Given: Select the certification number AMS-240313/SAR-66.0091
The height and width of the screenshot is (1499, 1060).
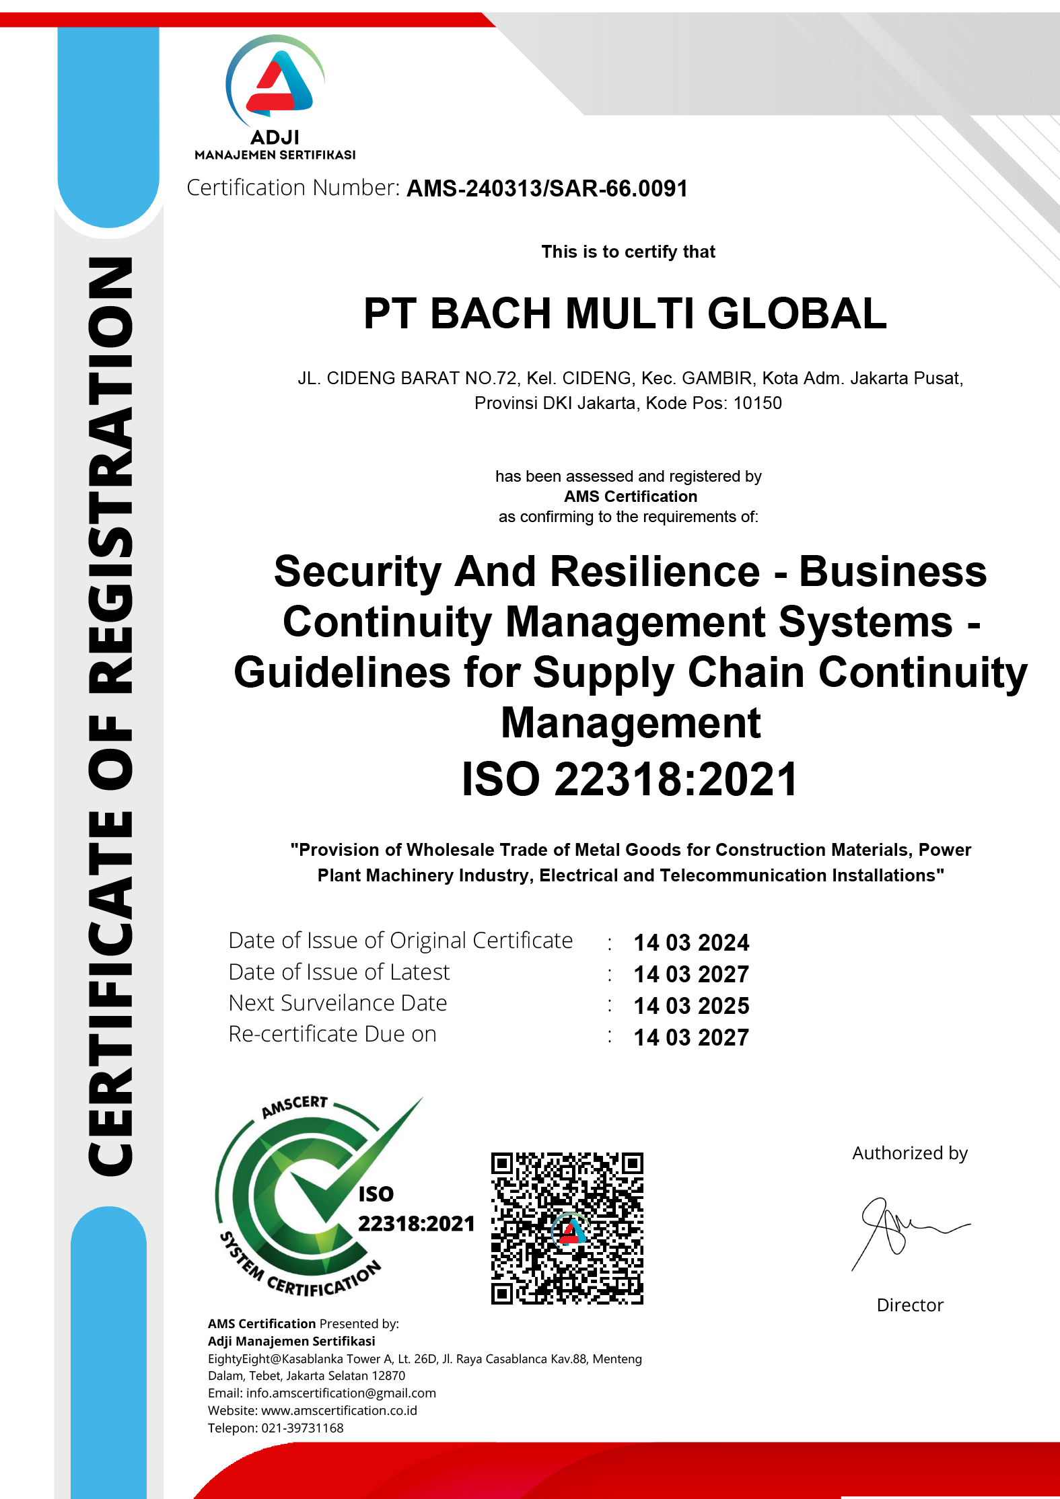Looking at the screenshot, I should pyautogui.click(x=547, y=189).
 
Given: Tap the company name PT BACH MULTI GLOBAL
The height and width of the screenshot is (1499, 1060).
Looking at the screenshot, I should pyautogui.click(x=625, y=314).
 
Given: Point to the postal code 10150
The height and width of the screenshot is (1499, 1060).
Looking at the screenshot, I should pyautogui.click(x=757, y=404).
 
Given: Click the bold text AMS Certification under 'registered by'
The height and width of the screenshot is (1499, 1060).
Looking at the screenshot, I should pyautogui.click(x=631, y=497).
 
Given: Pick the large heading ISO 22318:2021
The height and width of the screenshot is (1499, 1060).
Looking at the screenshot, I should pyautogui.click(x=629, y=780).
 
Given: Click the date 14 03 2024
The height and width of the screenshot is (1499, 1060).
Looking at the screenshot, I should pyautogui.click(x=691, y=943).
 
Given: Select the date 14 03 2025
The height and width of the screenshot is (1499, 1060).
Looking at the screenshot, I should pyautogui.click(x=691, y=1006).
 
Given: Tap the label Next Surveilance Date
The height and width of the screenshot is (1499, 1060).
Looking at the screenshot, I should pyautogui.click(x=338, y=1003).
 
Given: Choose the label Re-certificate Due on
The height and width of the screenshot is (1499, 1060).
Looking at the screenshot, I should pyautogui.click(x=332, y=1034).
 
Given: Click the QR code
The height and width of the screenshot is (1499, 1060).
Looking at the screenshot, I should pyautogui.click(x=567, y=1229).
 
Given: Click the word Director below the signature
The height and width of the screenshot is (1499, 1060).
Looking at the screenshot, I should pyautogui.click(x=910, y=1305).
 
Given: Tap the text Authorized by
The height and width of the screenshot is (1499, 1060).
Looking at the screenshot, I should pyautogui.click(x=910, y=1153).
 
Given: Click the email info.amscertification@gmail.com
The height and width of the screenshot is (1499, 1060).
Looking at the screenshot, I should pyautogui.click(x=341, y=1393).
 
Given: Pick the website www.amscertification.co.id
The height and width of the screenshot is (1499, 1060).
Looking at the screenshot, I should pyautogui.click(x=339, y=1410).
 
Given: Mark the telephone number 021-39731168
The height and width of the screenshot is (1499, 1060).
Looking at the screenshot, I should pyautogui.click(x=302, y=1428).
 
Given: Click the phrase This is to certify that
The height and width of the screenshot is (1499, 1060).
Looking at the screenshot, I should pyautogui.click(x=628, y=252).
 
